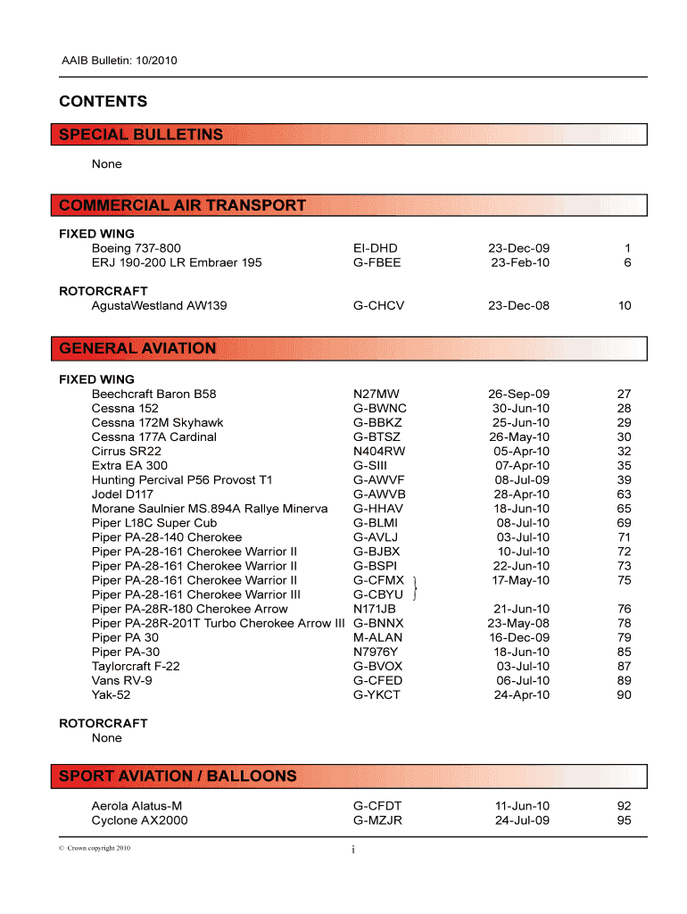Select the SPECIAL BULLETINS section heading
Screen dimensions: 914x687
pyautogui.click(x=141, y=135)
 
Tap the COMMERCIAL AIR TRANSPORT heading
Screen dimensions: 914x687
pyautogui.click(x=182, y=205)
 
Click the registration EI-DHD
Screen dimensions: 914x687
pyautogui.click(x=376, y=248)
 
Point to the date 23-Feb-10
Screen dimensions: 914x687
pyautogui.click(x=520, y=262)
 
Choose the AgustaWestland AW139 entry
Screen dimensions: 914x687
pyautogui.click(x=159, y=305)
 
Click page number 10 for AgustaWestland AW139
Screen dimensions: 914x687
pyautogui.click(x=624, y=305)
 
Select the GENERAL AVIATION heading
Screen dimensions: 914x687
pyautogui.click(x=137, y=348)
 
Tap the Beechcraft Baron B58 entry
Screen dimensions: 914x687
pyautogui.click(x=153, y=394)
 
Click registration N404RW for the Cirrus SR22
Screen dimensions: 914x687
pyautogui.click(x=379, y=451)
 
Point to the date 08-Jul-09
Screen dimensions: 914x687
pyautogui.click(x=522, y=479)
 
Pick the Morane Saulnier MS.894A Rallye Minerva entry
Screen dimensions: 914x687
pyautogui.click(x=209, y=508)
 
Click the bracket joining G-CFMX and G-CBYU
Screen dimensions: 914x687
pyautogui.click(x=417, y=587)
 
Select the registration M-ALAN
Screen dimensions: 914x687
pyautogui.click(x=378, y=637)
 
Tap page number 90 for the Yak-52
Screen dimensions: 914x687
pyautogui.click(x=624, y=694)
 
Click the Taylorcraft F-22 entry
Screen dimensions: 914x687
pyautogui.click(x=136, y=666)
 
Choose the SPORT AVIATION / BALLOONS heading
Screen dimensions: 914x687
pyautogui.click(x=178, y=776)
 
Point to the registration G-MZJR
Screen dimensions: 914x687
pyautogui.click(x=378, y=819)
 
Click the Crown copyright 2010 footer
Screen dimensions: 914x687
pyautogui.click(x=95, y=848)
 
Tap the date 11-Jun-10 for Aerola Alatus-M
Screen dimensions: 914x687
pyautogui.click(x=522, y=805)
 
